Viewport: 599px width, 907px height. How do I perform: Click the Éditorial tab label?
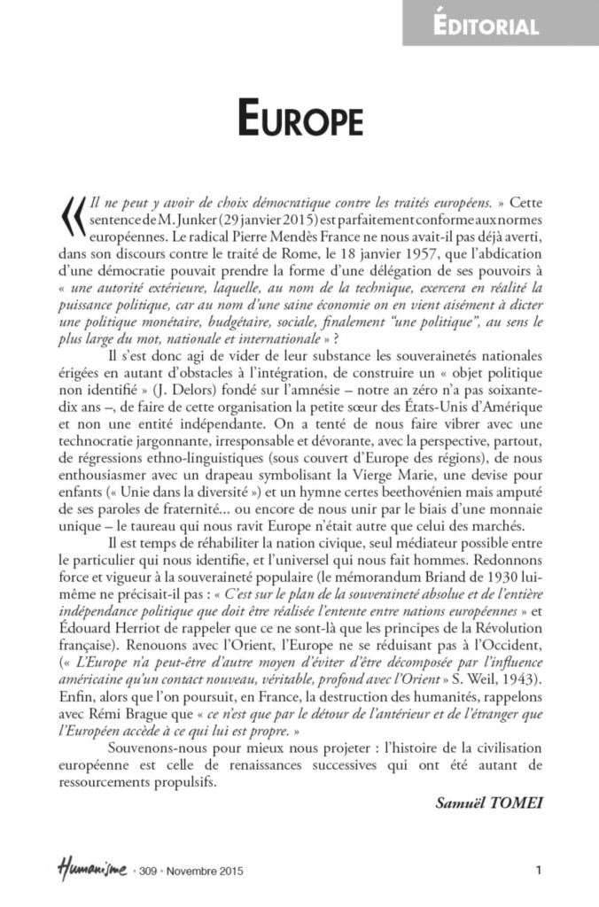[500, 26]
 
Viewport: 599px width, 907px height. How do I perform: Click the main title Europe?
[299, 117]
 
